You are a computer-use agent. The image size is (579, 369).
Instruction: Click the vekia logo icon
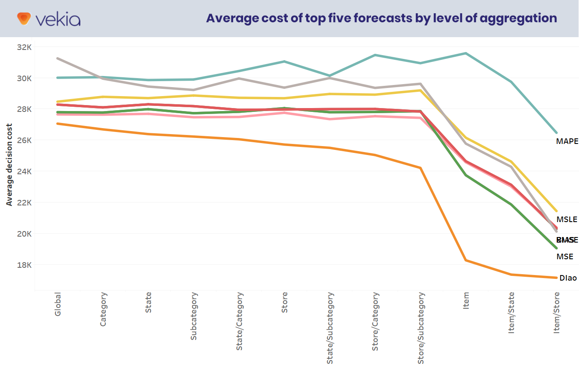pyautogui.click(x=24, y=18)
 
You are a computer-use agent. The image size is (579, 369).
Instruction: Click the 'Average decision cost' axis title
pyautogui.click(x=9, y=164)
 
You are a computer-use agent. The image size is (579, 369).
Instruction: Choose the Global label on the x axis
pyautogui.click(x=58, y=304)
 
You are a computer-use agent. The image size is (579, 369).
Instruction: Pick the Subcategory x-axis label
pyautogui.click(x=194, y=316)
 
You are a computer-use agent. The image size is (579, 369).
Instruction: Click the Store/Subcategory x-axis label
pyautogui.click(x=421, y=328)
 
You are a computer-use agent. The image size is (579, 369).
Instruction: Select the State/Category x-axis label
pyautogui.click(x=240, y=321)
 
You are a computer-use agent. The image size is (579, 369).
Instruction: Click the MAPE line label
pyautogui.click(x=567, y=141)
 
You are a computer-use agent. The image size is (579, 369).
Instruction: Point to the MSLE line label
pyautogui.click(x=567, y=220)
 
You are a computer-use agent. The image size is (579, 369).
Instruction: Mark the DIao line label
pyautogui.click(x=568, y=278)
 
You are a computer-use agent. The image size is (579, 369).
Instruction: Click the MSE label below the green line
pyautogui.click(x=564, y=257)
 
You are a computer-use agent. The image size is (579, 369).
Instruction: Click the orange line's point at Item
pyautogui.click(x=466, y=260)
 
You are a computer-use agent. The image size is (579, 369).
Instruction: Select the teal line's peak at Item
pyautogui.click(x=466, y=53)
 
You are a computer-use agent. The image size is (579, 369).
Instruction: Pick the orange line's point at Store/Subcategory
pyautogui.click(x=421, y=168)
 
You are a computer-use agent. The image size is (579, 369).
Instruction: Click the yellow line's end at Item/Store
pyautogui.click(x=556, y=211)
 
